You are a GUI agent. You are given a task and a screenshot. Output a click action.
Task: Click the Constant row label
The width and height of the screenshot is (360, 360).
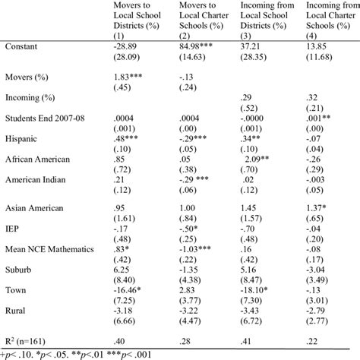(23, 48)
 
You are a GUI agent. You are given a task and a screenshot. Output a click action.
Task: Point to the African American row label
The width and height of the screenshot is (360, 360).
(39, 160)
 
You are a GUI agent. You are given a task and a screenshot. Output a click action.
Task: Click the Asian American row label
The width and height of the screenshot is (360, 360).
(36, 207)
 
